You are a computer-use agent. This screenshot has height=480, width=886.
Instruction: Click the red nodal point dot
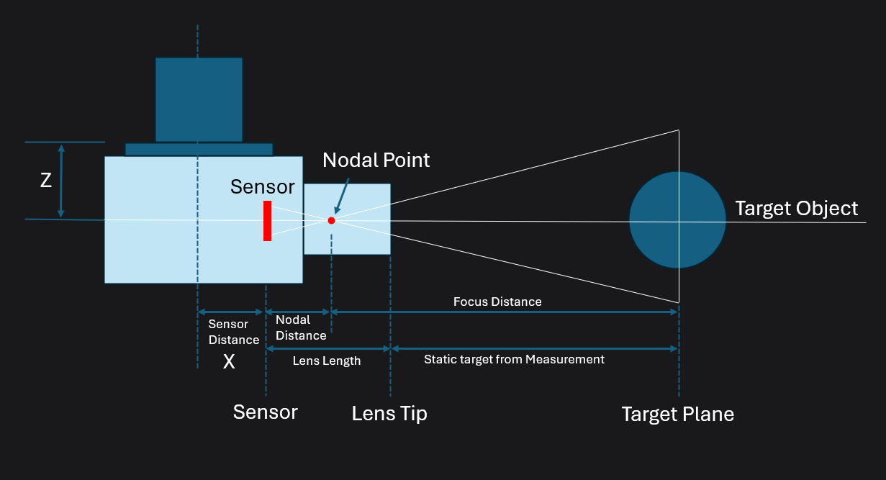click(331, 220)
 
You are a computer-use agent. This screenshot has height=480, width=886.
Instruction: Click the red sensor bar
click(267, 221)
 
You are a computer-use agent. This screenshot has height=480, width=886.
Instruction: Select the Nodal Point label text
click(376, 160)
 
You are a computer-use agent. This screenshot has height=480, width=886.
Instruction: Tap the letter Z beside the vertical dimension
click(45, 181)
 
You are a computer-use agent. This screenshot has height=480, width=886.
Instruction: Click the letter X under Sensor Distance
click(229, 362)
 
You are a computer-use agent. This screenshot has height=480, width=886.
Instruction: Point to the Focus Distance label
click(497, 302)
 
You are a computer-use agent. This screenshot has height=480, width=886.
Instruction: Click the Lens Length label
click(327, 361)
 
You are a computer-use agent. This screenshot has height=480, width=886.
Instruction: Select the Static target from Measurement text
click(514, 359)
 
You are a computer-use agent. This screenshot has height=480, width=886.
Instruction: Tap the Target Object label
click(796, 209)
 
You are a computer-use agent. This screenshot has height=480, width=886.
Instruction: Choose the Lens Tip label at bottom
click(389, 414)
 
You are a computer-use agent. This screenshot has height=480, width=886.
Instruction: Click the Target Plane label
click(677, 415)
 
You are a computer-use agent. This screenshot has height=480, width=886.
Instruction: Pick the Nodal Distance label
click(301, 327)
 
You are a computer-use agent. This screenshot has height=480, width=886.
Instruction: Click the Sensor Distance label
click(233, 332)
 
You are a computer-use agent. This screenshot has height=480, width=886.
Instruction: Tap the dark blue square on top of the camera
click(199, 99)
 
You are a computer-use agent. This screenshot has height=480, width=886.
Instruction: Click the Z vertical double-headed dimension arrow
click(61, 181)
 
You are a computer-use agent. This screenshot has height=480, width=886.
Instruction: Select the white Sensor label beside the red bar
click(262, 187)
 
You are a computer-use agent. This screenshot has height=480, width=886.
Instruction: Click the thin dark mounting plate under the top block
click(199, 149)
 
